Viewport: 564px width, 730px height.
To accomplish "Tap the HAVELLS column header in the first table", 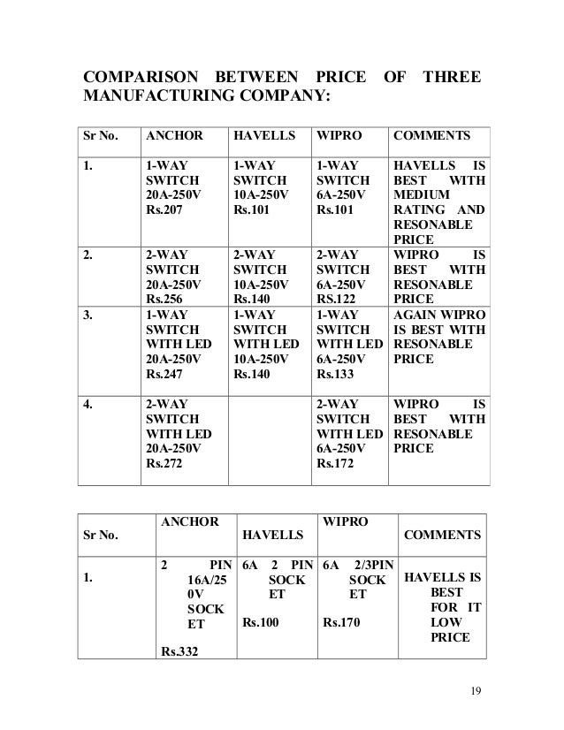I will [260, 137].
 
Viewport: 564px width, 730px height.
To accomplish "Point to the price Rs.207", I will [165, 210].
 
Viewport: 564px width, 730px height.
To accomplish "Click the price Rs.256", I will [165, 300].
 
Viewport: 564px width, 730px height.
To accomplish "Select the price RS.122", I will [337, 300].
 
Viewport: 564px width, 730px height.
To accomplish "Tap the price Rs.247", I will [165, 375].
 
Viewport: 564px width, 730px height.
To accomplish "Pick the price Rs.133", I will [337, 375].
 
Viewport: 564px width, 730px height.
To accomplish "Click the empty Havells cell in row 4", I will [268, 440].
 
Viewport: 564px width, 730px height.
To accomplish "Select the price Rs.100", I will [262, 622].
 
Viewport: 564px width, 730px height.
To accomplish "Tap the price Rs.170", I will [341, 622].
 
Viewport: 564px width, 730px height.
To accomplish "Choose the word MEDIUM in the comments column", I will [420, 194].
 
